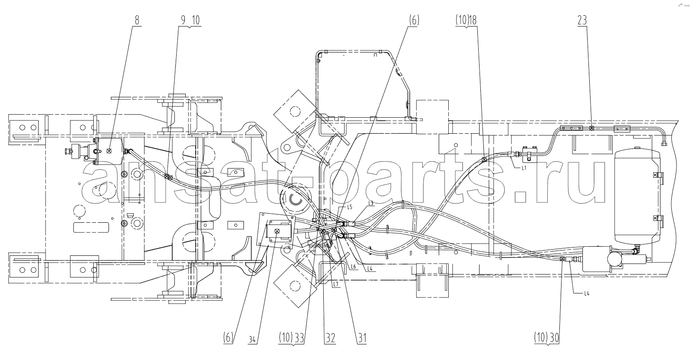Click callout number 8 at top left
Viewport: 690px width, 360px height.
[x=137, y=20]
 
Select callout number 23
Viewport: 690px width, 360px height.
[x=582, y=20]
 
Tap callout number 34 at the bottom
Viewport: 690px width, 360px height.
[x=252, y=340]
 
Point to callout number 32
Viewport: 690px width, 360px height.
[x=330, y=338]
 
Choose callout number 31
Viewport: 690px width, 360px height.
[x=362, y=338]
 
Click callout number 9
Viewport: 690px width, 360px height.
[x=183, y=20]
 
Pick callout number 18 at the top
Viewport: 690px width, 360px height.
[x=473, y=20]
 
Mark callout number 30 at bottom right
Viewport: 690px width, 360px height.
[x=554, y=338]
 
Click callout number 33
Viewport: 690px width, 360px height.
[x=299, y=338]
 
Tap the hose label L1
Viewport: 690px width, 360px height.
[x=524, y=168]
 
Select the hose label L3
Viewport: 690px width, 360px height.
[x=371, y=203]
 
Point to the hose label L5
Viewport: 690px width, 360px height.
[x=349, y=207]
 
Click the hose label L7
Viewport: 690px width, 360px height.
[x=335, y=285]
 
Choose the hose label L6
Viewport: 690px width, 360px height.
[x=353, y=267]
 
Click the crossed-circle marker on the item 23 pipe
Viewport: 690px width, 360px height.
[x=591, y=128]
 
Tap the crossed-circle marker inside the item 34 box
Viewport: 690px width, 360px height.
[x=277, y=231]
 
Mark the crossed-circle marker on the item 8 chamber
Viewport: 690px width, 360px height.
[x=108, y=151]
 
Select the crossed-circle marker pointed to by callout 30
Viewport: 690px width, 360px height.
[x=562, y=259]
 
